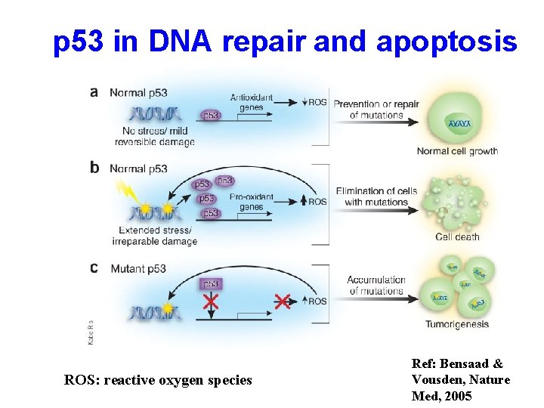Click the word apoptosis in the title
446,43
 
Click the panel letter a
94,92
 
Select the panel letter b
94,168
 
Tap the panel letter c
94,267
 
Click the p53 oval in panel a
212,116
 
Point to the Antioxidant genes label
252,103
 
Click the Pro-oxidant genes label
251,202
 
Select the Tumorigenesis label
457,325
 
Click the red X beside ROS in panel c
282,301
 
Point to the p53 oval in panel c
211,283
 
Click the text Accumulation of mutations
376,286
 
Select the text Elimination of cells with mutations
376,196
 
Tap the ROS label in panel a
318,102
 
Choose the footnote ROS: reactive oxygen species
159,380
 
